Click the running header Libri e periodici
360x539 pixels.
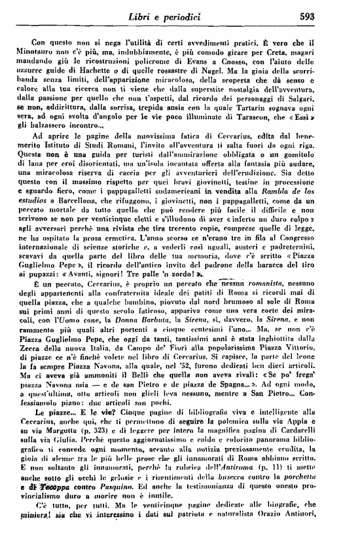click(x=185, y=14)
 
